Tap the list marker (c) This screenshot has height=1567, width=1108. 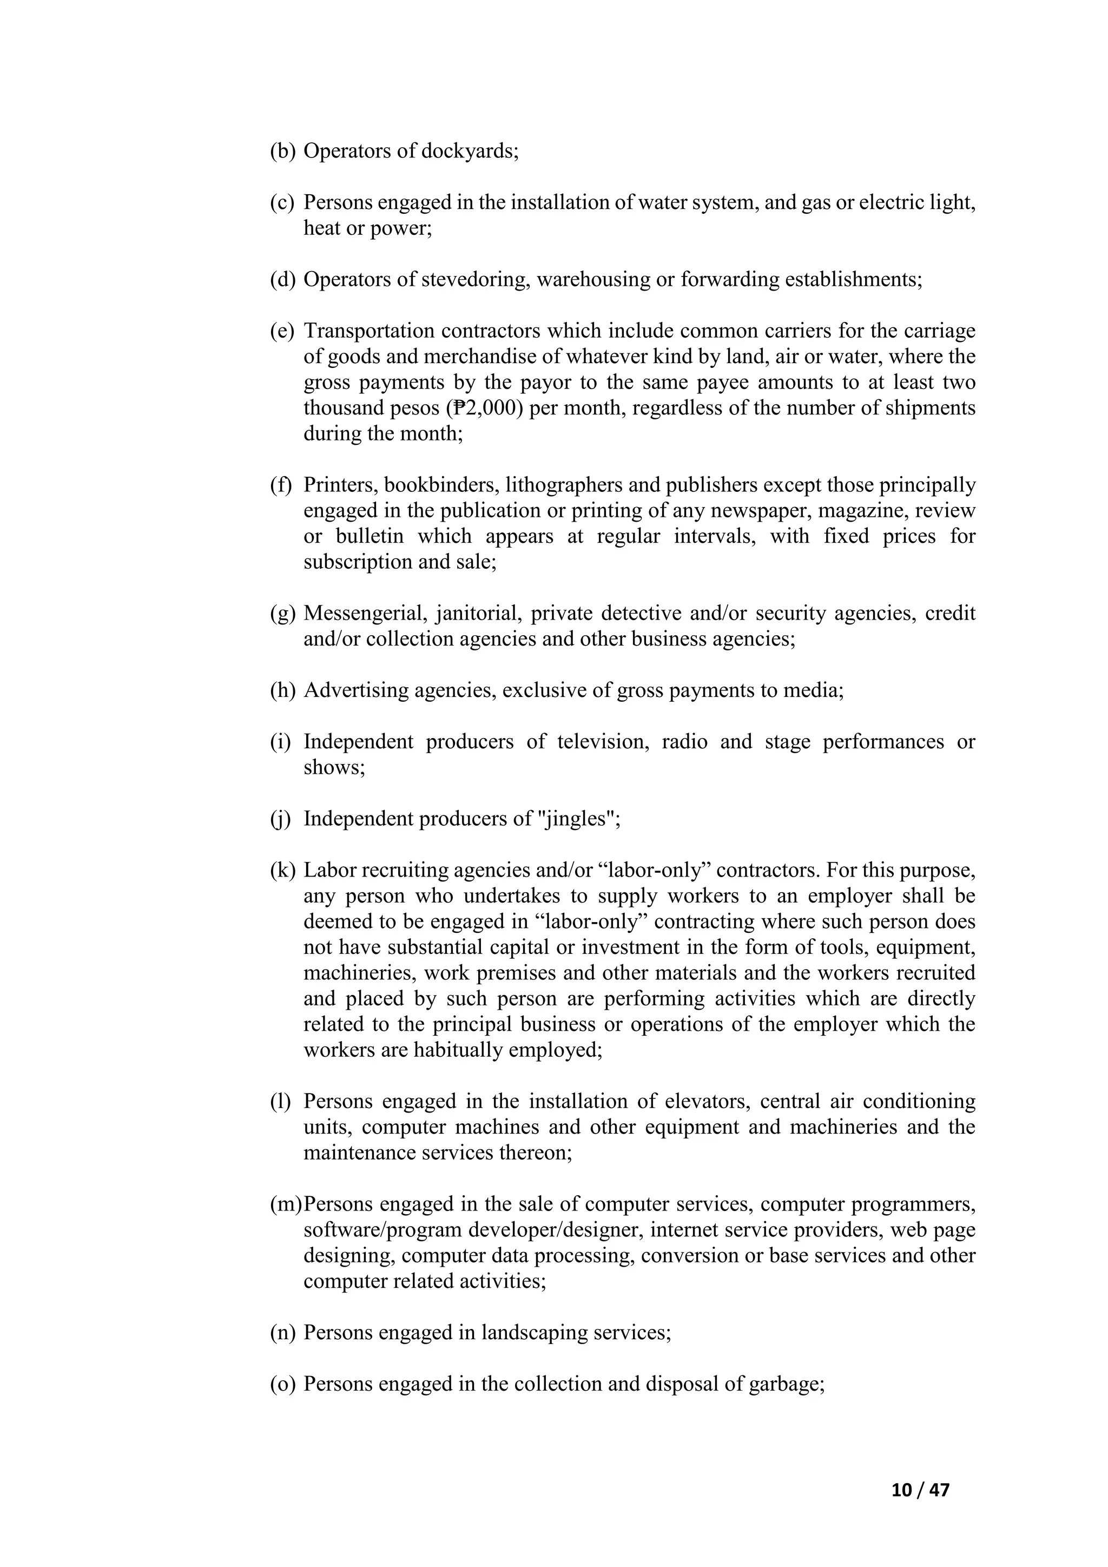tap(282, 203)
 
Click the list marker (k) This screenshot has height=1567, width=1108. tap(282, 870)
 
